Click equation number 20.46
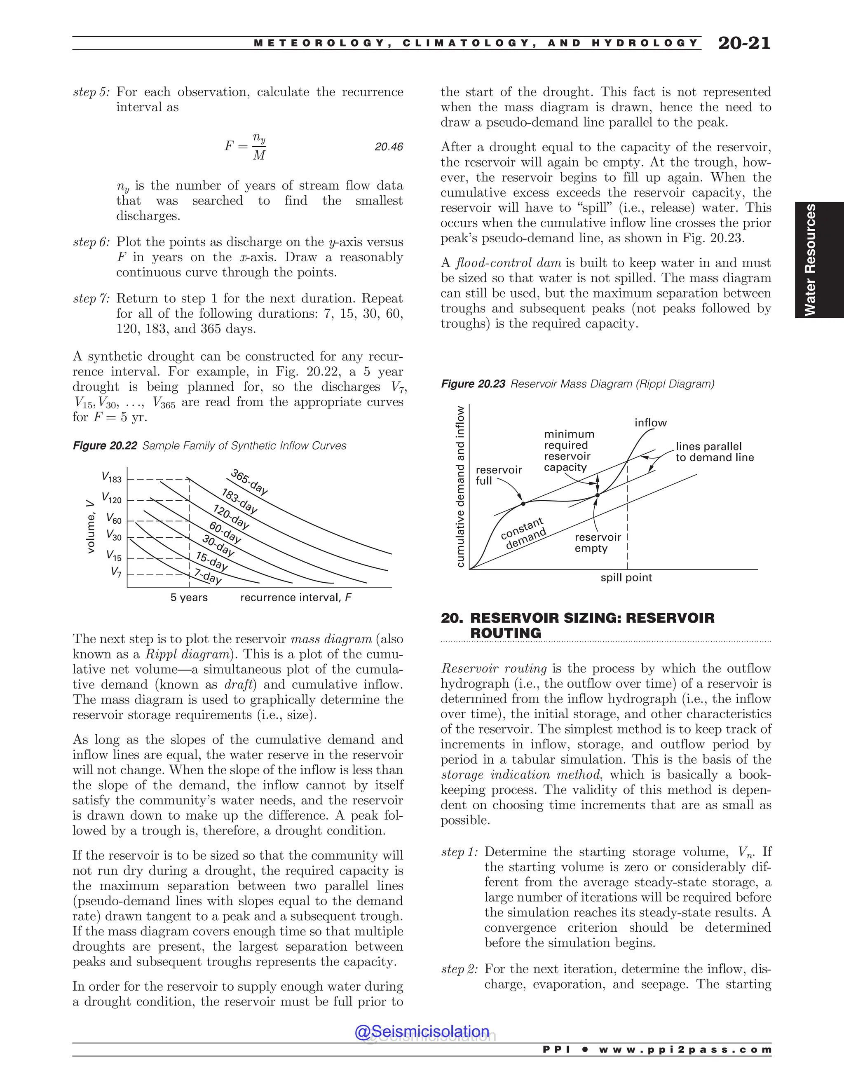389,147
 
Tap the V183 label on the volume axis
112,477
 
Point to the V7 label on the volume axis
116,572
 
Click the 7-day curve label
208,576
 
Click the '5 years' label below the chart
189,598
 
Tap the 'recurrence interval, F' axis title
295,598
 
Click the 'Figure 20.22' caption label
105,445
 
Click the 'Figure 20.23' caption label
473,384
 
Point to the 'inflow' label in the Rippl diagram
650,422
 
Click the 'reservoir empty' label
598,543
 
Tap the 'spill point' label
626,577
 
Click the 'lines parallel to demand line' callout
714,452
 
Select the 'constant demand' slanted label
523,534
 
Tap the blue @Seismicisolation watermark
422,1031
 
